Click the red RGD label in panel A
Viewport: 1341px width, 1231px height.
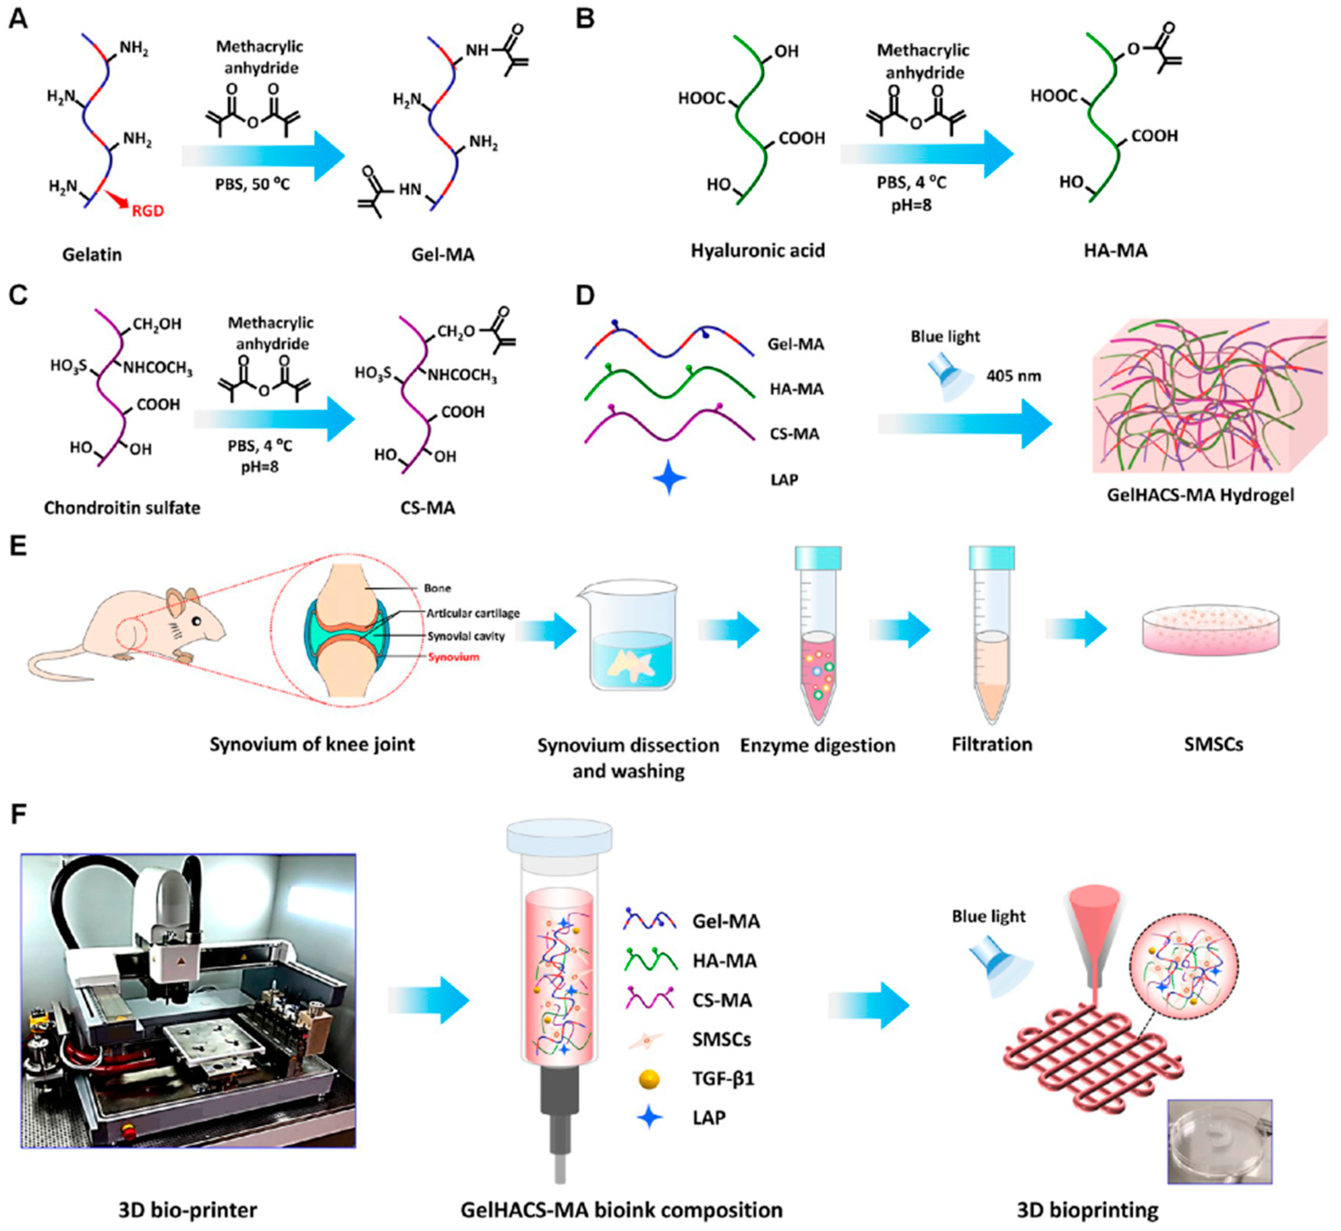coord(147,211)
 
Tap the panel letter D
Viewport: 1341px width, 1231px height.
coord(585,295)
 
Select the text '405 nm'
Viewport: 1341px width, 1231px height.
coord(1013,377)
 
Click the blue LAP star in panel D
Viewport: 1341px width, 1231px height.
coord(669,479)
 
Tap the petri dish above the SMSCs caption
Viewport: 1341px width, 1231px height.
coord(1210,629)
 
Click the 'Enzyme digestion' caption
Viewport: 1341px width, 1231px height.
coord(817,745)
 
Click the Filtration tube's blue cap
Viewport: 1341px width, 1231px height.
coord(992,557)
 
